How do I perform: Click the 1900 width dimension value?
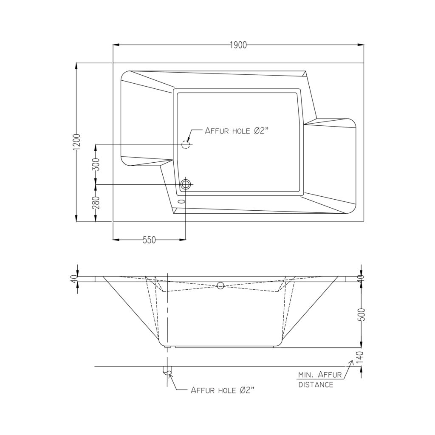(x=238, y=45)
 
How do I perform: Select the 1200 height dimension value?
(x=77, y=142)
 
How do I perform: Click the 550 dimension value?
(x=149, y=240)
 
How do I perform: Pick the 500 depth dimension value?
(x=362, y=314)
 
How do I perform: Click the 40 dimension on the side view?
(x=73, y=279)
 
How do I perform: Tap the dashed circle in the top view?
(x=185, y=144)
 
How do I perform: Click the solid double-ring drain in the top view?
(x=186, y=184)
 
